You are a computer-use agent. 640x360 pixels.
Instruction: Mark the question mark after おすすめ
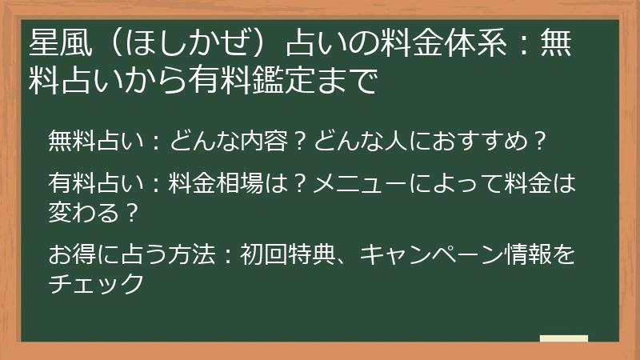pos(539,141)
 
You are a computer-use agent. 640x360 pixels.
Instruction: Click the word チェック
pos(96,284)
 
